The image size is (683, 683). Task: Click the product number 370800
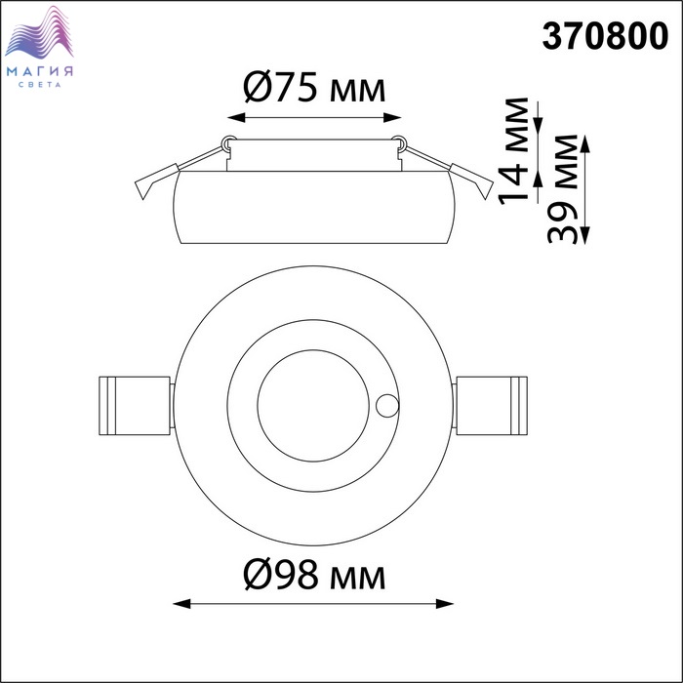coord(605,36)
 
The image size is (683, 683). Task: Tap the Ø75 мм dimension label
coord(314,88)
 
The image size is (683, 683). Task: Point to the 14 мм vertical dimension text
coord(513,150)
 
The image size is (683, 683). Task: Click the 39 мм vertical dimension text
coord(562,188)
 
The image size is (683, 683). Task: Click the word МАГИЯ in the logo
coord(40,71)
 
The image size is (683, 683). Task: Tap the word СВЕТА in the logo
coord(40,85)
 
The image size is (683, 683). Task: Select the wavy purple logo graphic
coord(39,32)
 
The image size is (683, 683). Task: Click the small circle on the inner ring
coord(387,406)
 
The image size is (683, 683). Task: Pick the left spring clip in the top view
coord(135,406)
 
